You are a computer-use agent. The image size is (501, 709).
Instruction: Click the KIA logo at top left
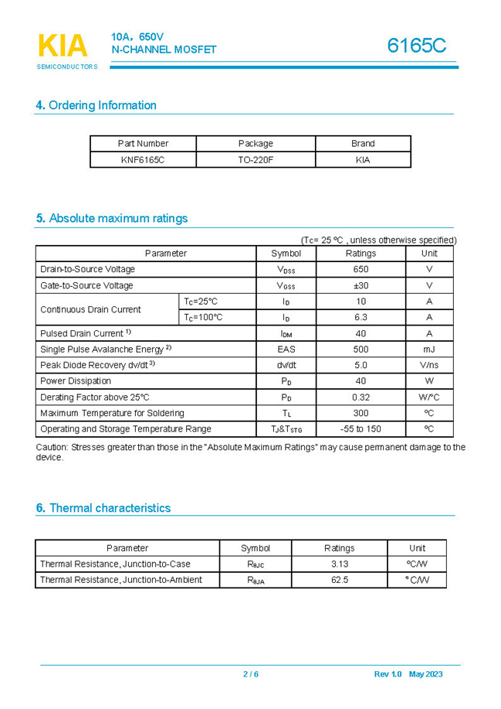(63, 47)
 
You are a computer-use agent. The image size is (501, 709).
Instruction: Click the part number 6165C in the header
(417, 46)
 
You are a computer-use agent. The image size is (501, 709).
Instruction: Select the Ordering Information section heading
(96, 105)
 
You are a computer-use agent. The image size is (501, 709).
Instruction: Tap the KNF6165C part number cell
(143, 160)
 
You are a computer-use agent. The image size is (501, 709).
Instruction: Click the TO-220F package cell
(256, 160)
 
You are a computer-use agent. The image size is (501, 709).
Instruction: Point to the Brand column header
(363, 143)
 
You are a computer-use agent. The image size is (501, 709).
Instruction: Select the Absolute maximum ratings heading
(111, 218)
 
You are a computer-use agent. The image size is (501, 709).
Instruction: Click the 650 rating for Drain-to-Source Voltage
(361, 269)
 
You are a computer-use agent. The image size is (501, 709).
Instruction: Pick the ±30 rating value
(361, 285)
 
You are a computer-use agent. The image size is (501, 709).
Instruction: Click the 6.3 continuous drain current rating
(361, 317)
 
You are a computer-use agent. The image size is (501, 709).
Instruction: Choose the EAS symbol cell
(286, 349)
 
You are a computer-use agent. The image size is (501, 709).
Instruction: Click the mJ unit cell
(429, 349)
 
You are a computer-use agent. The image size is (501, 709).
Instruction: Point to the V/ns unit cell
(429, 365)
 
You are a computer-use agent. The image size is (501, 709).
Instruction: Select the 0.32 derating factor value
(361, 397)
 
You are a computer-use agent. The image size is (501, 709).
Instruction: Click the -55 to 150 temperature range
(361, 428)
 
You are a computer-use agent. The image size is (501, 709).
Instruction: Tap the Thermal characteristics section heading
(103, 508)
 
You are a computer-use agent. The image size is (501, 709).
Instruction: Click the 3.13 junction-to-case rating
(340, 564)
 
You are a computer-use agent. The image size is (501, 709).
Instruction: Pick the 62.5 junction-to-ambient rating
(340, 579)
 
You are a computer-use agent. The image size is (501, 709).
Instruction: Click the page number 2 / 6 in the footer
(251, 674)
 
